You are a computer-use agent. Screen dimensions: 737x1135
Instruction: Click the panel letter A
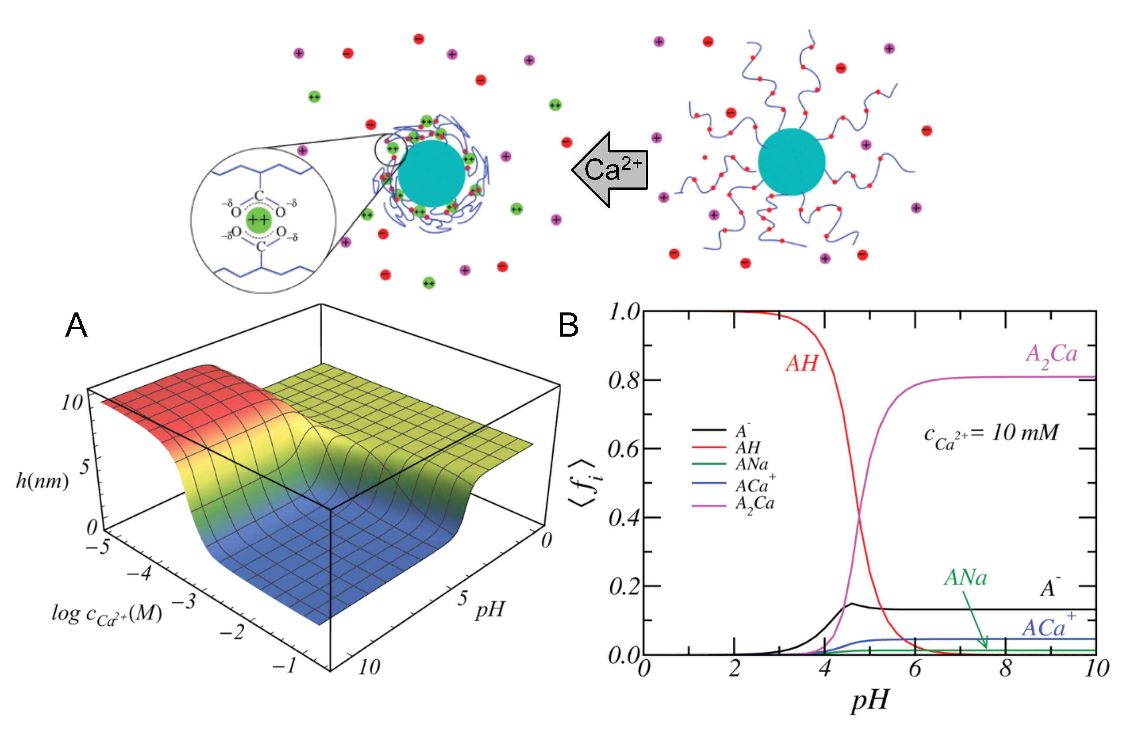coord(76,326)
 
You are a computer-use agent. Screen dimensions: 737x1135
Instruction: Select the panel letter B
coord(568,326)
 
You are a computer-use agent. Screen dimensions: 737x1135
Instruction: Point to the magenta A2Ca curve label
coord(1051,356)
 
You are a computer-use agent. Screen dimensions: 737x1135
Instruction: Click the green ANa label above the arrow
coord(965,578)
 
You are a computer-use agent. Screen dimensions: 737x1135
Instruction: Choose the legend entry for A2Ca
coord(755,504)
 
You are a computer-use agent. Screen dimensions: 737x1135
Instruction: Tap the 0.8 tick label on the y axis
coord(623,381)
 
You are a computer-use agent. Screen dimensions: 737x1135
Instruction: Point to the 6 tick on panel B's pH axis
coord(915,669)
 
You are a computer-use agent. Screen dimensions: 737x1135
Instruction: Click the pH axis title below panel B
coord(870,700)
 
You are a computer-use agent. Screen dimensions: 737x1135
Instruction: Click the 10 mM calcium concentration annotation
coord(991,435)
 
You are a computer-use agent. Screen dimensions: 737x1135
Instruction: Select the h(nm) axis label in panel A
coord(42,481)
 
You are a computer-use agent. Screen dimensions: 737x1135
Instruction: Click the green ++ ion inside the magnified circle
coord(258,220)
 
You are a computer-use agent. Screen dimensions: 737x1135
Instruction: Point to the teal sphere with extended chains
coord(791,162)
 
